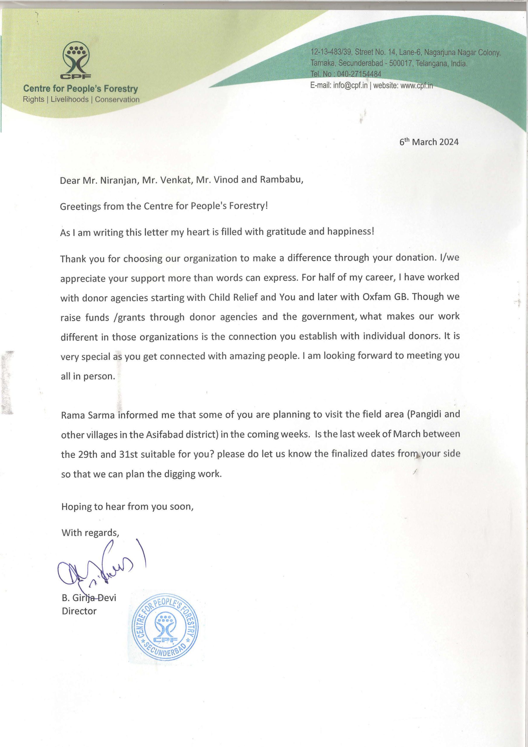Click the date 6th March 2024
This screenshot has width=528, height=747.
tap(429, 142)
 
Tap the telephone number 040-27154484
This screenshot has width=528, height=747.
tap(359, 74)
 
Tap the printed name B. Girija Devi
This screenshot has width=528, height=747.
tap(89, 598)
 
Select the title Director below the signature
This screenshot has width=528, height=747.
tap(79, 611)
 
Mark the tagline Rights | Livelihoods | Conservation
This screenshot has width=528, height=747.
tap(81, 100)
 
